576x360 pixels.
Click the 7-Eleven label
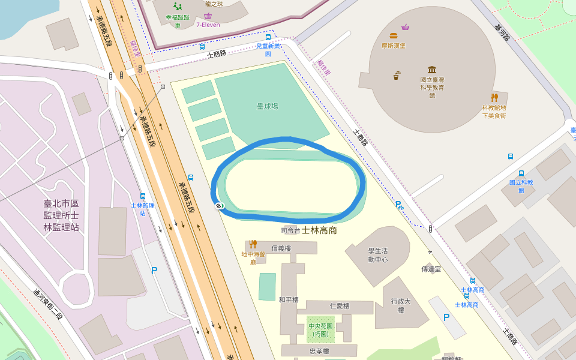pos(208,25)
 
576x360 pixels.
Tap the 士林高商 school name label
pos(319,230)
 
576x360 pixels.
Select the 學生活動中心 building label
pos(378,255)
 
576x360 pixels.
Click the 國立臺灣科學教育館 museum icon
pos(432,70)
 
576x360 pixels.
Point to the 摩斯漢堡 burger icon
pos(394,36)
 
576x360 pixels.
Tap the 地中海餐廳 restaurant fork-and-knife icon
pos(253,244)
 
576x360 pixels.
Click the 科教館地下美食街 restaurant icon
pos(494,97)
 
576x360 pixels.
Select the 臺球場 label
pos(268,106)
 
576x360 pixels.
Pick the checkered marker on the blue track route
pos(219,206)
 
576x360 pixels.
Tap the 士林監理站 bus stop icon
pos(143,196)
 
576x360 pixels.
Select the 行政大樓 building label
pos(401,305)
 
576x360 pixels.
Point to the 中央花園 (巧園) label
pos(319,330)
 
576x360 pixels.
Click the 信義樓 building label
pos(281,248)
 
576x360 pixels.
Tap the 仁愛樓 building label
pos(340,306)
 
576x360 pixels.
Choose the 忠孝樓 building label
pos(319,351)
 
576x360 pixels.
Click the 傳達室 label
pos(431,269)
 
